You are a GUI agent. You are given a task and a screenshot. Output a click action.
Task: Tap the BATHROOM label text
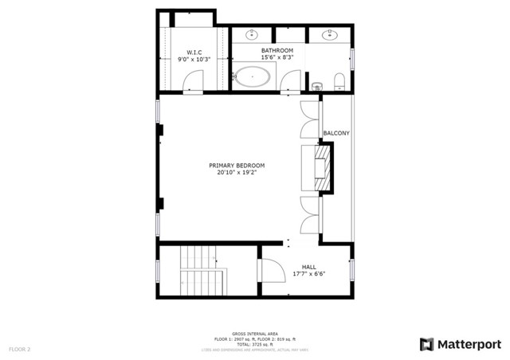[x=277, y=50]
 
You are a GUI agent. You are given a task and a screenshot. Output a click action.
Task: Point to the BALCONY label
[x=336, y=133]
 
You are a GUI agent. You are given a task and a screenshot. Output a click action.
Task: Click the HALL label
[x=309, y=267]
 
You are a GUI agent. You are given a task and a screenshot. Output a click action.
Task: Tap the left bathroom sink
[x=253, y=34]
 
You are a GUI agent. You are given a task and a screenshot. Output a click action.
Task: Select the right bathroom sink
[x=329, y=34]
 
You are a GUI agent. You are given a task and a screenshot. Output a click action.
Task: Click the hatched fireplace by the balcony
[x=324, y=167]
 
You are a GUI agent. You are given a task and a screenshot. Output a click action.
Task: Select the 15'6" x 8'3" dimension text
[x=277, y=57]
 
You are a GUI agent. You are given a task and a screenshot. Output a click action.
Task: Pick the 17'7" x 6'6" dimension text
[x=309, y=274]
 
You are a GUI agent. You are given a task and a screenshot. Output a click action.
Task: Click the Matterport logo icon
[x=427, y=344]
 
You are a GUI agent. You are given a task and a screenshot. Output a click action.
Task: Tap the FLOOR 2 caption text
[x=20, y=349]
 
